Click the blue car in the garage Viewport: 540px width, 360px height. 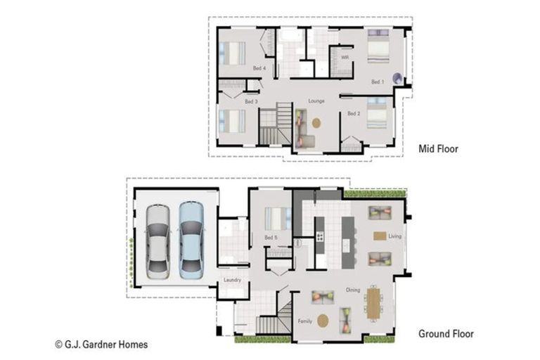click(191, 239)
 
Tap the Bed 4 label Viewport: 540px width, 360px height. click(259, 68)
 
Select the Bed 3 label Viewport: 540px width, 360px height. click(251, 102)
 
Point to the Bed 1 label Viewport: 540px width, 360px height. click(378, 82)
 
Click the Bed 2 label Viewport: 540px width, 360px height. click(354, 113)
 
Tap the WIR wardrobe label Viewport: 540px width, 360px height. click(345, 57)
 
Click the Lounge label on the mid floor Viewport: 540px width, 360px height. click(316, 101)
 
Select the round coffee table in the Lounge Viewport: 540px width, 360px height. click(316, 122)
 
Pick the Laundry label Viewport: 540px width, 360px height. click(232, 280)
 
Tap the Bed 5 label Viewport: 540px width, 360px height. click(271, 238)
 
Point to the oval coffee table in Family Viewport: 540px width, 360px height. click(323, 321)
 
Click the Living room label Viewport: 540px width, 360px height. click(394, 236)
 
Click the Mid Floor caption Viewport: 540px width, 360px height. click(438, 148)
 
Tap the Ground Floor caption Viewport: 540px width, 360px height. click(446, 334)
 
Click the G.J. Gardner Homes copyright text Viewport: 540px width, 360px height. click(101, 345)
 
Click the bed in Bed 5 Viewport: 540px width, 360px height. click(276, 218)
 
